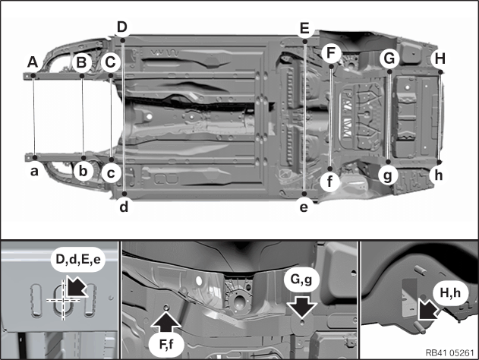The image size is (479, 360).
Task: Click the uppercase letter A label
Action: pos(33,62)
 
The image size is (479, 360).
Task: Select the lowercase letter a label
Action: pos(34,172)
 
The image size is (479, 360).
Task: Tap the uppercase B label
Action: pos(82,62)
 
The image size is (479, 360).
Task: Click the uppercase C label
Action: pos(111,62)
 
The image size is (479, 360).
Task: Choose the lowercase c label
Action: pos(111,173)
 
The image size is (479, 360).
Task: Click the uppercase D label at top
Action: pos(122,27)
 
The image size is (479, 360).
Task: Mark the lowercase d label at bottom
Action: pos(123,204)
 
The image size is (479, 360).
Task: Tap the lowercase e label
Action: pos(304,205)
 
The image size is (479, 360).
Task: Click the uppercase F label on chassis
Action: pos(330,53)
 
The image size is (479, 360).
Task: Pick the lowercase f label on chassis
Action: pos(329,182)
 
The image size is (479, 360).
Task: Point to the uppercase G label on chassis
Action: pos(389,58)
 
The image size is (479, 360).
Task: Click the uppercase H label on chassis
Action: pos(439,58)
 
